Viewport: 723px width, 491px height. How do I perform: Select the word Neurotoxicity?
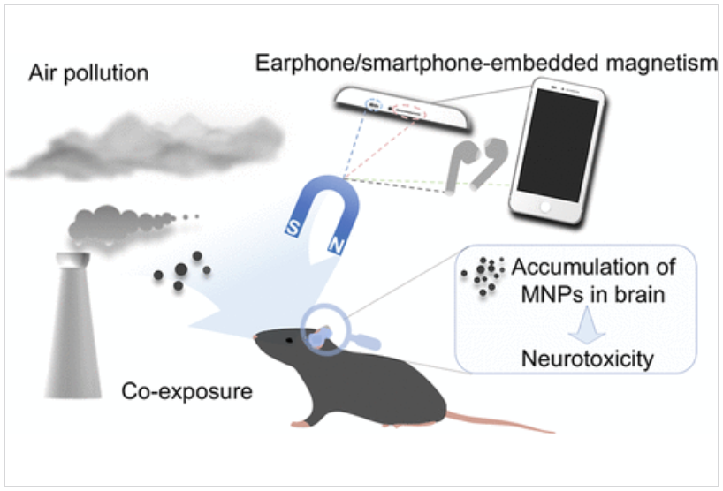tap(575, 360)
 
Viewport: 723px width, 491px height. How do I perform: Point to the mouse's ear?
tap(329, 334)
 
